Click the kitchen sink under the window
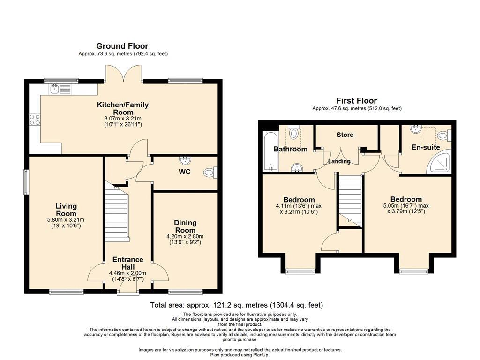(x=60, y=89)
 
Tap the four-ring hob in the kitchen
(x=35, y=120)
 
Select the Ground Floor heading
(x=122, y=46)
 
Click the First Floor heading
(x=357, y=100)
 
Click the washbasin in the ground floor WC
(x=185, y=160)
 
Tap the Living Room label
(x=66, y=210)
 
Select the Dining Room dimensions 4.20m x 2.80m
(x=185, y=236)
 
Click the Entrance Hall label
(x=127, y=263)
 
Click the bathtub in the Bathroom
(x=271, y=151)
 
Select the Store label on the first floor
(x=345, y=135)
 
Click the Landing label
(x=339, y=161)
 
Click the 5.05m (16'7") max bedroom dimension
(x=406, y=206)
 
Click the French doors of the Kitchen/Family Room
(x=124, y=74)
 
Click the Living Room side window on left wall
(x=26, y=182)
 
